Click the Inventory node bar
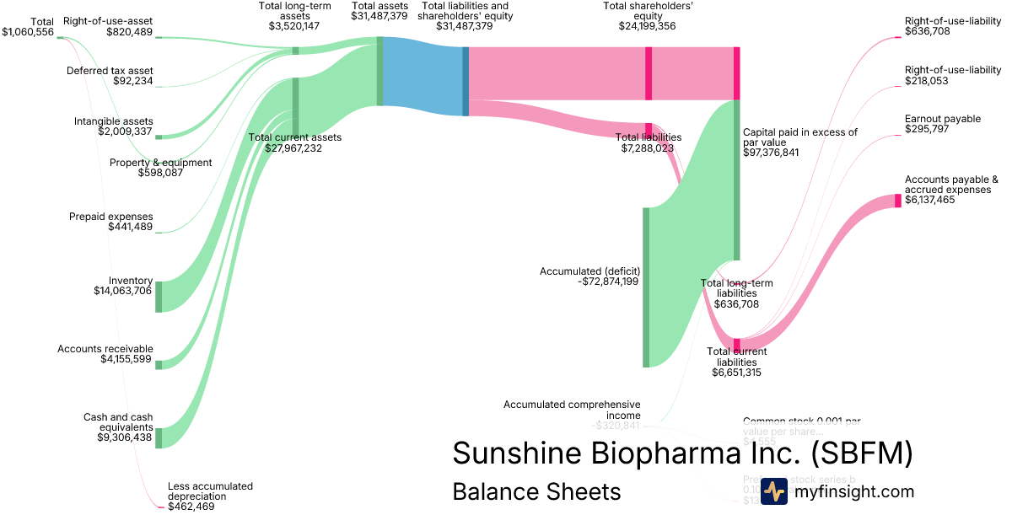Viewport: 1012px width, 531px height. tap(158, 297)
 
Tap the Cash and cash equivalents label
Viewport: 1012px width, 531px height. tap(118, 422)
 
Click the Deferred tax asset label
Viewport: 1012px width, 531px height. tap(110, 71)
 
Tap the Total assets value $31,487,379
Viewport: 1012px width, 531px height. tap(379, 15)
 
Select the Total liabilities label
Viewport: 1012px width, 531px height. tap(648, 137)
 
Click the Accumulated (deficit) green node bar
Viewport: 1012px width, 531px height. tap(646, 287)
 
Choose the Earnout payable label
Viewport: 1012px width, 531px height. tap(942, 119)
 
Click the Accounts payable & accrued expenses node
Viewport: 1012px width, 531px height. tap(897, 201)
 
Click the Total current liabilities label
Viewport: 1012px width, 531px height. tap(737, 351)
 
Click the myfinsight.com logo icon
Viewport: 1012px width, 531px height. tap(774, 491)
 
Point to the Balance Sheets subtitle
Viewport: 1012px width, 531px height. tap(536, 491)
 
